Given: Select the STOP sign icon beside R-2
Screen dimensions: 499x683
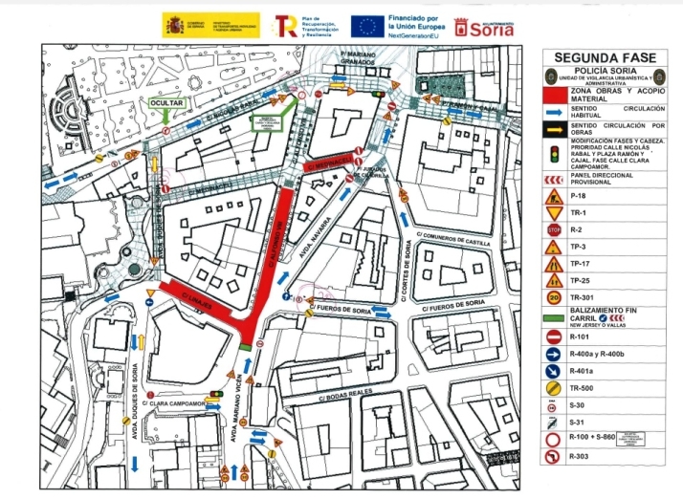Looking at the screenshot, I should tap(553, 230).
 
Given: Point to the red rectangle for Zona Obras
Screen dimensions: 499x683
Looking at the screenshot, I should tap(554, 94).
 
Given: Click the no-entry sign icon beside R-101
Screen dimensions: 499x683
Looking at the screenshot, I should tap(553, 336).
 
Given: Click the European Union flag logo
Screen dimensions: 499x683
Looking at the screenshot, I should tap(366, 26).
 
